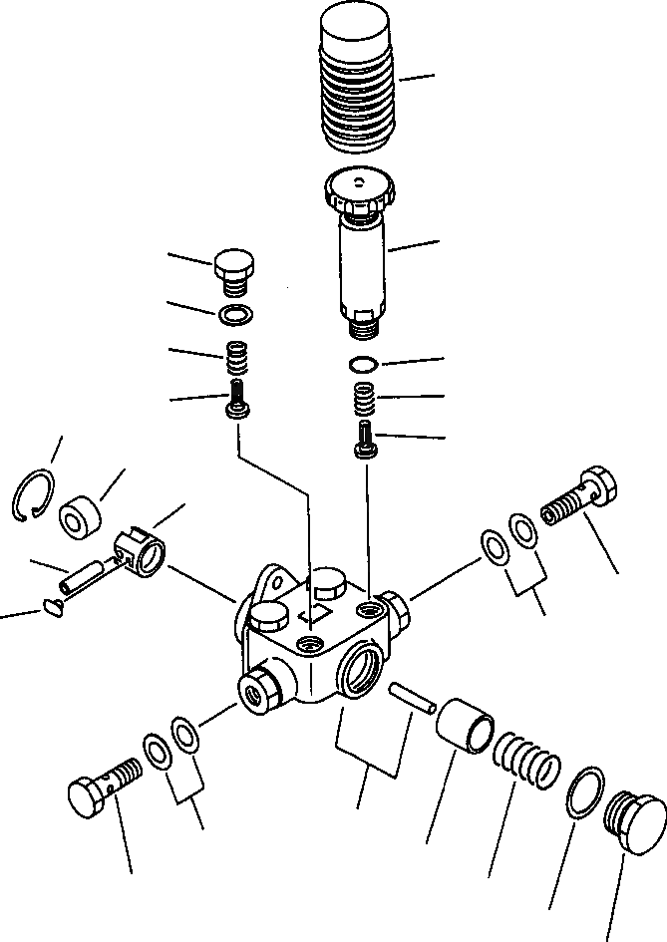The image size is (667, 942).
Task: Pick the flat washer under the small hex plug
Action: (x=234, y=317)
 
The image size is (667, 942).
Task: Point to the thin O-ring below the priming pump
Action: (x=365, y=363)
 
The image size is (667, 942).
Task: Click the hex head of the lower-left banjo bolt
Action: (x=85, y=795)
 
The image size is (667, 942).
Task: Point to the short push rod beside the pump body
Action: (x=411, y=696)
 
